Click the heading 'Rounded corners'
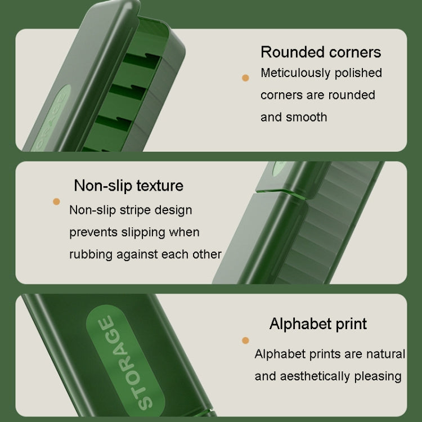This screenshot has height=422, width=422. pyautogui.click(x=321, y=52)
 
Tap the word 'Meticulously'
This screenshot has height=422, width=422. pyautogui.click(x=295, y=73)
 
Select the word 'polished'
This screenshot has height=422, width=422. pyautogui.click(x=358, y=73)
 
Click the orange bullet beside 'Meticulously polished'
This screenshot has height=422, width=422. pyautogui.click(x=245, y=78)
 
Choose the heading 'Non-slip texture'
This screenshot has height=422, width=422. pyautogui.click(x=129, y=186)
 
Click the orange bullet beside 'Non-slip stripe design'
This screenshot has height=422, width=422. pyautogui.click(x=56, y=201)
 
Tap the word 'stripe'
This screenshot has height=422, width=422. pyautogui.click(x=135, y=210)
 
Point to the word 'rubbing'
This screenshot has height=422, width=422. pyautogui.click(x=91, y=255)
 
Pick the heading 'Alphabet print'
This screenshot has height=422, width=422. pyautogui.click(x=318, y=324)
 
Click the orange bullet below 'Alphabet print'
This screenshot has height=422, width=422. pyautogui.click(x=245, y=340)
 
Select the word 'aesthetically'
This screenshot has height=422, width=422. pyautogui.click(x=315, y=376)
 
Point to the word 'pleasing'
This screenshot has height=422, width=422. pyautogui.click(x=378, y=376)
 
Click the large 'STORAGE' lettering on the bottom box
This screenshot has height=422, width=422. pyautogui.click(x=125, y=362)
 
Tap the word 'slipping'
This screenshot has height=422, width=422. pyautogui.click(x=143, y=232)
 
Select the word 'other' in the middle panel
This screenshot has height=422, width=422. pyautogui.click(x=206, y=254)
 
